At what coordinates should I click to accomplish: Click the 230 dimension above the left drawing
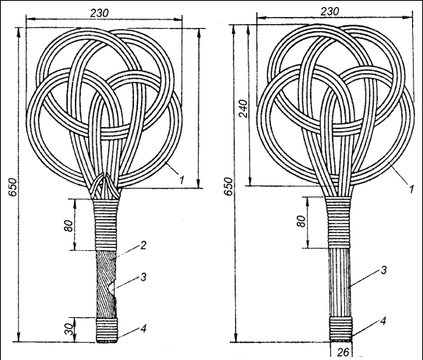coord(99,13)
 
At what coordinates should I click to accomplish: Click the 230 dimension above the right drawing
coord(330,12)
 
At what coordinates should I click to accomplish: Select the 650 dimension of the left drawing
coord(12,187)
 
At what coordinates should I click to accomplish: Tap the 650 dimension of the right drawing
coord(228,186)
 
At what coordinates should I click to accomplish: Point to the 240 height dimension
coord(244,108)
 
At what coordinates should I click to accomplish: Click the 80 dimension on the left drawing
coord(69,226)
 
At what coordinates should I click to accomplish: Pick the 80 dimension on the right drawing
coord(302,221)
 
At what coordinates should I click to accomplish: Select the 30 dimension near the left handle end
coord(69,330)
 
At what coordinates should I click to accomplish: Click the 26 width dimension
coord(344,352)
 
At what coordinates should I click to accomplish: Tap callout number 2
coord(143,245)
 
